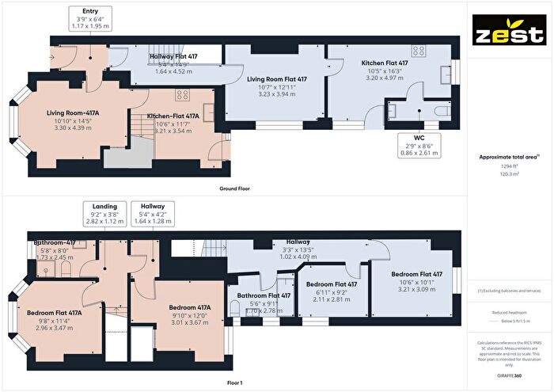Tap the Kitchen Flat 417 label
point(384,63)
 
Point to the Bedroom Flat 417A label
point(55,312)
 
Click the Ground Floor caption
point(235,189)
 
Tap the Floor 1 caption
point(235,382)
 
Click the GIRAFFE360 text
point(509,371)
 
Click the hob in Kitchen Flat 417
point(419,50)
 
